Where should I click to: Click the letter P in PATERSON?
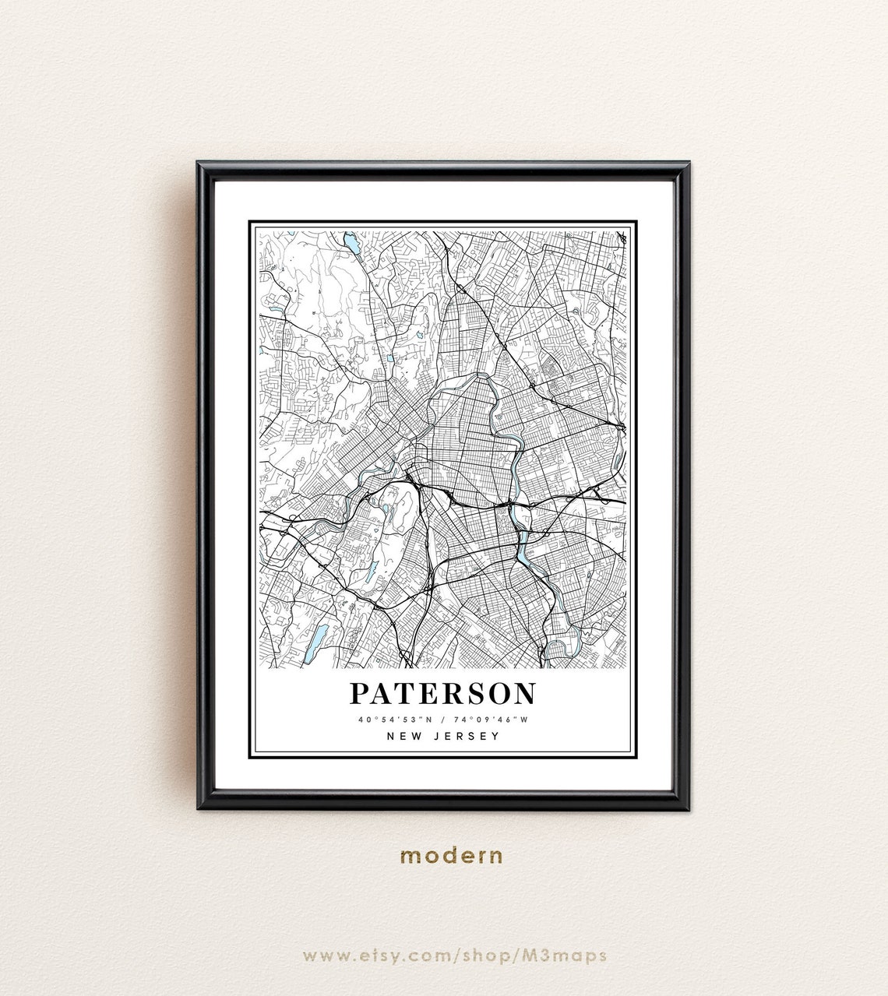pyautogui.click(x=360, y=693)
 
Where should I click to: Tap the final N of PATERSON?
pyautogui.click(x=524, y=693)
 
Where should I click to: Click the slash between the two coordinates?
pyautogui.click(x=443, y=720)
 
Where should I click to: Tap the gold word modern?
pyautogui.click(x=451, y=856)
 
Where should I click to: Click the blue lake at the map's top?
pyautogui.click(x=352, y=244)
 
